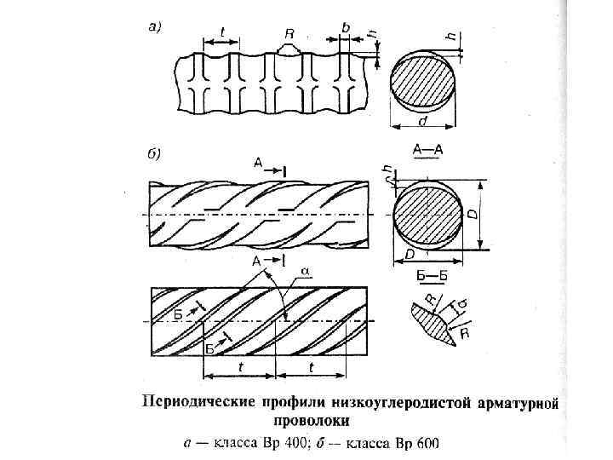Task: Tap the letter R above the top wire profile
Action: pyautogui.click(x=289, y=34)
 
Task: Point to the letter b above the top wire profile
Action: pyautogui.click(x=345, y=28)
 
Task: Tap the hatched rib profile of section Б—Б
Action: pyautogui.click(x=432, y=325)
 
